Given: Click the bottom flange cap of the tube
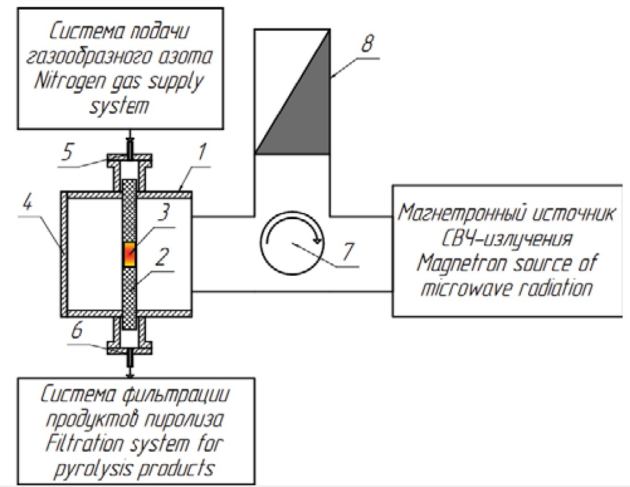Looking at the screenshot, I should coord(130,347).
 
